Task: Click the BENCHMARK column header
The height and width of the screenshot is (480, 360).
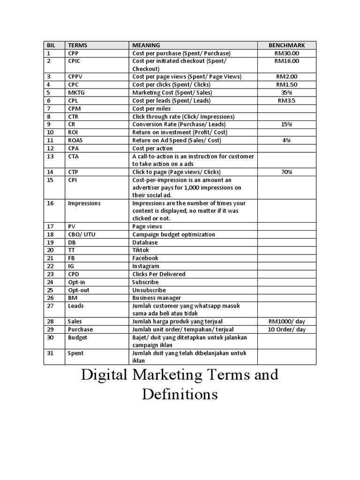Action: (286, 45)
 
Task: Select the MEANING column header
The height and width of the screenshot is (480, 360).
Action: (146, 45)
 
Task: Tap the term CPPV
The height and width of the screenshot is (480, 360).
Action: (75, 76)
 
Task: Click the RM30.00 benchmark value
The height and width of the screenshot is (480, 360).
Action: (286, 53)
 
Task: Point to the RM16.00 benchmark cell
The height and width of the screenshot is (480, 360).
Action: (286, 61)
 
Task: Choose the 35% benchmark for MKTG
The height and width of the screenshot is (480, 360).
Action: (286, 92)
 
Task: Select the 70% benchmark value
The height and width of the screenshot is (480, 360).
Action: (286, 172)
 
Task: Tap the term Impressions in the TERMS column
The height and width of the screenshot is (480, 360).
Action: (84, 203)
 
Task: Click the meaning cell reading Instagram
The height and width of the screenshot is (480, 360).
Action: (145, 266)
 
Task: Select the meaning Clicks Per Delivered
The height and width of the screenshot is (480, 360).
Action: (158, 274)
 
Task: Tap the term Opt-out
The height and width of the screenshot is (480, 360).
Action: (78, 290)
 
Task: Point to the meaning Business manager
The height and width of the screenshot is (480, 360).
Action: (157, 298)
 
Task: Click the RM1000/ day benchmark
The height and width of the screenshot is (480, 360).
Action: (286, 322)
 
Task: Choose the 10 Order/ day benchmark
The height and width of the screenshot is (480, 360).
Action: (286, 330)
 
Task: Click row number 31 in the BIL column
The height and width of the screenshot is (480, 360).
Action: (51, 353)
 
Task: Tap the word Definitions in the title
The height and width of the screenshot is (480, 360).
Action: (180, 394)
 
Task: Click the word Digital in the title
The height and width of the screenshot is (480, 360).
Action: (105, 375)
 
